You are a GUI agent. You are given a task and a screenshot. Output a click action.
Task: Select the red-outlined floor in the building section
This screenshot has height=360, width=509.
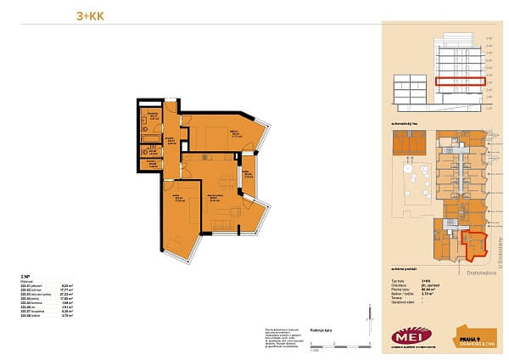461,83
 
